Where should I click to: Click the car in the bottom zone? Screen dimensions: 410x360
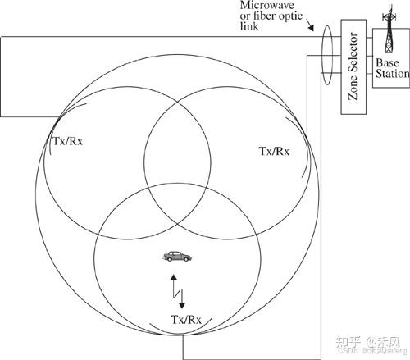pos(177,257)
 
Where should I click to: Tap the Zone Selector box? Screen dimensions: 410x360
pos(353,66)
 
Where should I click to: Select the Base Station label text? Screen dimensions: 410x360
pos(392,68)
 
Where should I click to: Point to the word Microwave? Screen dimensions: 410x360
pos(266,5)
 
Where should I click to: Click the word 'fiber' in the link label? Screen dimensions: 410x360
pos(265,16)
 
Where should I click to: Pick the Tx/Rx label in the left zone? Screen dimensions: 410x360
pos(67,141)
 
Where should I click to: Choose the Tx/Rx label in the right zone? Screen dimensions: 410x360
pos(274,151)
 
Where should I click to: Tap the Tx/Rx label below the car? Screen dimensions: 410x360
pos(186,320)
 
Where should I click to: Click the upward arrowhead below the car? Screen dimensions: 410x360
pos(174,277)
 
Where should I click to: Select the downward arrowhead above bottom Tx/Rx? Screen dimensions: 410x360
pos(182,305)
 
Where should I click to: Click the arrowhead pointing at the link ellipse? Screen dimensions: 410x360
pos(311,28)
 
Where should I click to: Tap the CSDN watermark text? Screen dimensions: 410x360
pos(348,350)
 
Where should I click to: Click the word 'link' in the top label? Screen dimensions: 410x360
pos(249,26)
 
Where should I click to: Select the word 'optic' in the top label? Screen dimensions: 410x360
pos(290,16)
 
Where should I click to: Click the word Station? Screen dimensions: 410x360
pos(392,74)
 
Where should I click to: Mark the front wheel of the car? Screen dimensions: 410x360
pos(187,258)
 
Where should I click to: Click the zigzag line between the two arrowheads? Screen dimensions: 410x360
pos(178,291)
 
